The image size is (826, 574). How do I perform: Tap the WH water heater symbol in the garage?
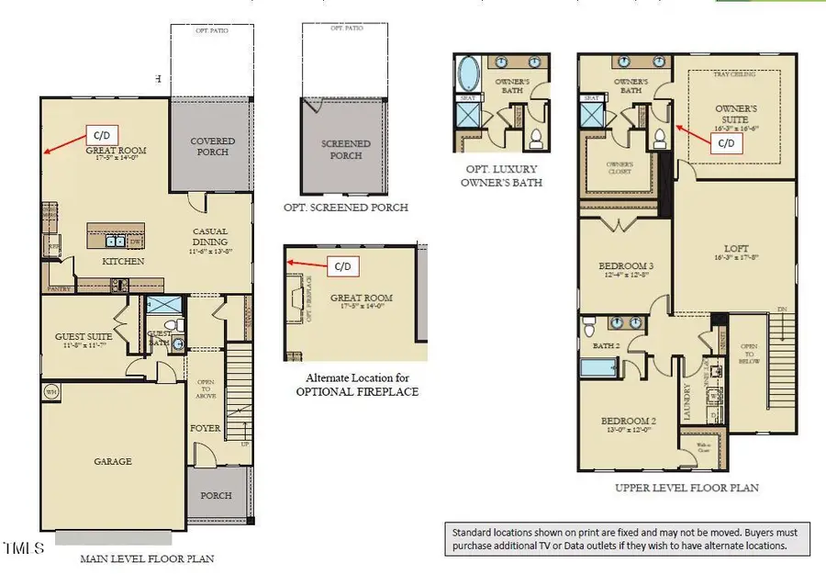pos(50,390)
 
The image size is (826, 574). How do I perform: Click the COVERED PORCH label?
pos(212,147)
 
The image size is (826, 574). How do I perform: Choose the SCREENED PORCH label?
pos(345,149)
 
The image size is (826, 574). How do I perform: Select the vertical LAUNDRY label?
pos(686,403)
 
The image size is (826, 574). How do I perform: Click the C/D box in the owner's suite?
pos(726,142)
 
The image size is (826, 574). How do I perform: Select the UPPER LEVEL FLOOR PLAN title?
pos(686,488)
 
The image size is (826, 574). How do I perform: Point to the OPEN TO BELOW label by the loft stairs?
pos(750,355)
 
